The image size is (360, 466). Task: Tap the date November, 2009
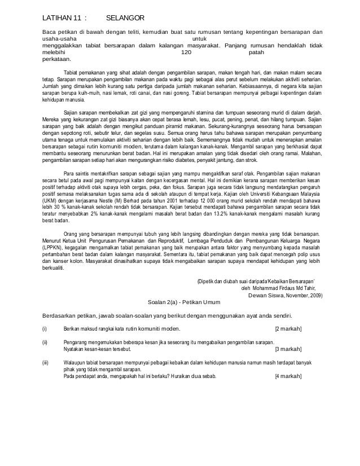(x=308, y=294)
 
